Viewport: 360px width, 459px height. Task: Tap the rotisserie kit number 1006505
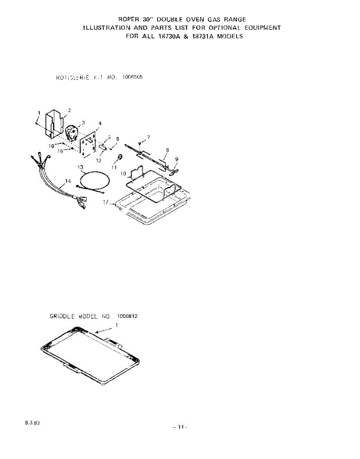click(x=133, y=77)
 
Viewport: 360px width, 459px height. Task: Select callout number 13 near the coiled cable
click(x=80, y=167)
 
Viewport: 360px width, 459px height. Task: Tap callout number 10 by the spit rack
click(x=123, y=174)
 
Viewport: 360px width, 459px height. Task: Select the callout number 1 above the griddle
click(x=117, y=325)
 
